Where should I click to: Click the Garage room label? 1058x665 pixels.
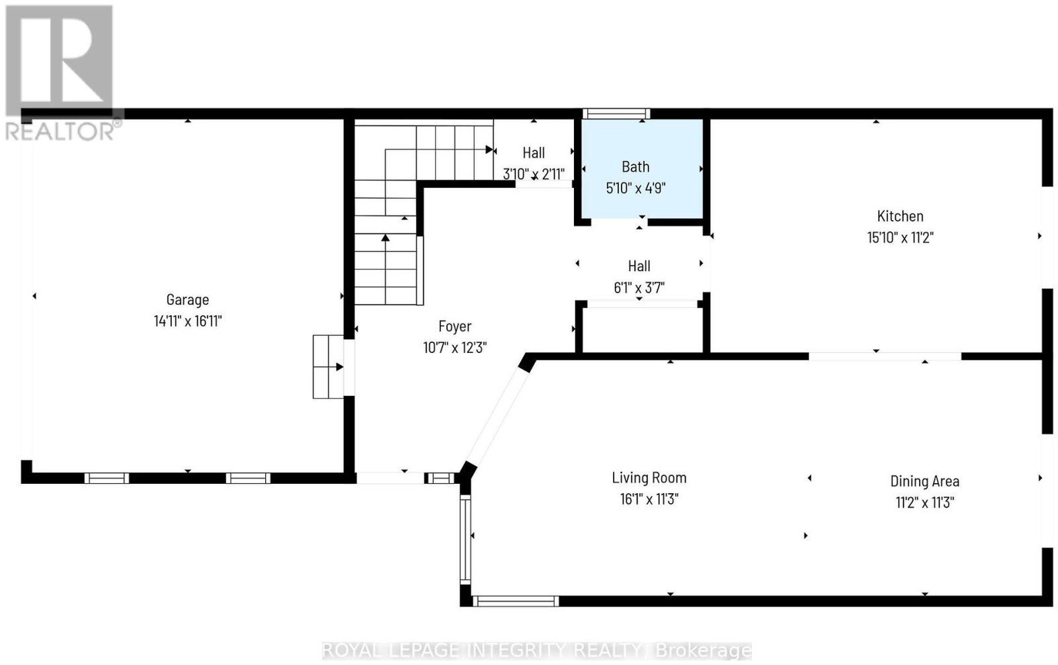coord(188,300)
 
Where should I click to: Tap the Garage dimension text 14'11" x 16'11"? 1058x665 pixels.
coord(188,321)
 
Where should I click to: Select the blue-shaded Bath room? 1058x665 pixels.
coord(642,169)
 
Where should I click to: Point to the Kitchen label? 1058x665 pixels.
coord(900,216)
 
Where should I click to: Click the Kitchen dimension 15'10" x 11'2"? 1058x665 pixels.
coord(900,237)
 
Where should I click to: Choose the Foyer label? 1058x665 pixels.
coord(455,327)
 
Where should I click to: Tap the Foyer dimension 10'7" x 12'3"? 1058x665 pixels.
coord(455,348)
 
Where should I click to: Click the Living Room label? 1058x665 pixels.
coord(649,478)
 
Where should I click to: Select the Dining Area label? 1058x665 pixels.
coord(925,481)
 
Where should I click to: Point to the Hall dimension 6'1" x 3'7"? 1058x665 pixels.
coord(639,288)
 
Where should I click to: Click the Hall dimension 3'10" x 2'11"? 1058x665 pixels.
coord(534,175)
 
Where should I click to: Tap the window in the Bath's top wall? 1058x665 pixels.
coord(616,114)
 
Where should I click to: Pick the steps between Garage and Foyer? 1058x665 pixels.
coord(328,367)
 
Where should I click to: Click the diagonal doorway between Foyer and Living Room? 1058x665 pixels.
coord(499,416)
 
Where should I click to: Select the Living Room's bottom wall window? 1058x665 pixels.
coord(515,602)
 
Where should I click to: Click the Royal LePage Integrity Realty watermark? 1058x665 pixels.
coord(536,651)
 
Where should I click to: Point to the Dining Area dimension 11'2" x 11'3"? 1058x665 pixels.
coord(925,502)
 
